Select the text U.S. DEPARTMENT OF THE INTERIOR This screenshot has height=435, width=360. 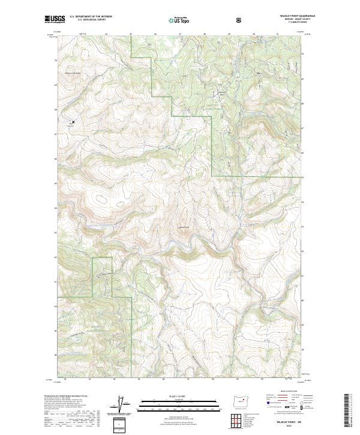point(91,17)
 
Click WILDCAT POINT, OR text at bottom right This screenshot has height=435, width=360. point(281,421)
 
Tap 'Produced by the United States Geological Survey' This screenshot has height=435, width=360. point(66,397)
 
